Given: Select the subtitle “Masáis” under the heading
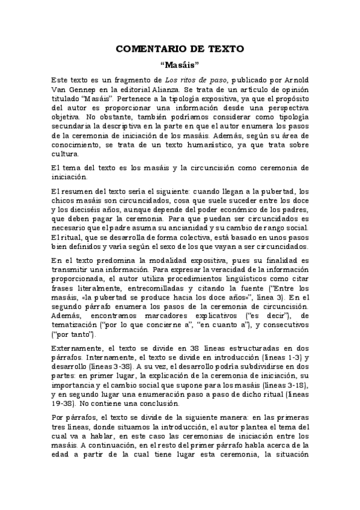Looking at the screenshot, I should (180, 64).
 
